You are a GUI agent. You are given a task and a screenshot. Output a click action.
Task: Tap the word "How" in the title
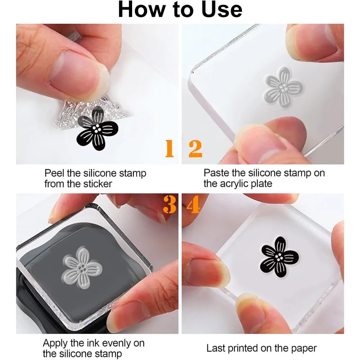pyautogui.click(x=141, y=9)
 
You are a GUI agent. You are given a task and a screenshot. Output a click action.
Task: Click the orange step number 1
pyautogui.click(x=170, y=149)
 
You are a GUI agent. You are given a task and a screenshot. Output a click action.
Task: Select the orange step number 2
pyautogui.click(x=195, y=149)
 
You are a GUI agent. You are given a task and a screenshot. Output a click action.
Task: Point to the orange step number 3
pyautogui.click(x=170, y=204)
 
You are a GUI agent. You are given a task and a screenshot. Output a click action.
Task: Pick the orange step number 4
pyautogui.click(x=193, y=204)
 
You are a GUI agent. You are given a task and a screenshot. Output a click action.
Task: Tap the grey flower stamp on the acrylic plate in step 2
pyautogui.click(x=284, y=87)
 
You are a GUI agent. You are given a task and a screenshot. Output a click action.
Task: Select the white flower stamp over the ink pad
pyautogui.click(x=82, y=268)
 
